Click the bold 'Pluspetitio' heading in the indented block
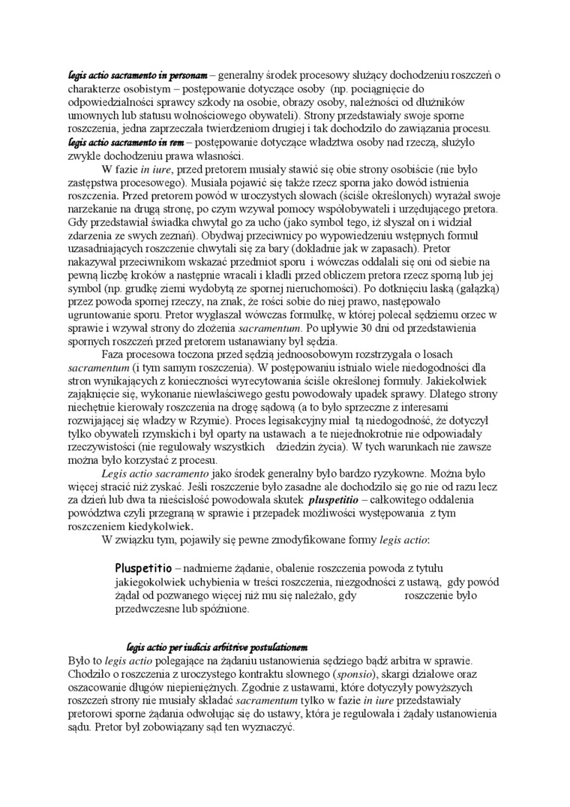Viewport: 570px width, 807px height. click(x=142, y=568)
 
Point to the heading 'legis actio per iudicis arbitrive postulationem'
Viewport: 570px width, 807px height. click(x=218, y=647)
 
